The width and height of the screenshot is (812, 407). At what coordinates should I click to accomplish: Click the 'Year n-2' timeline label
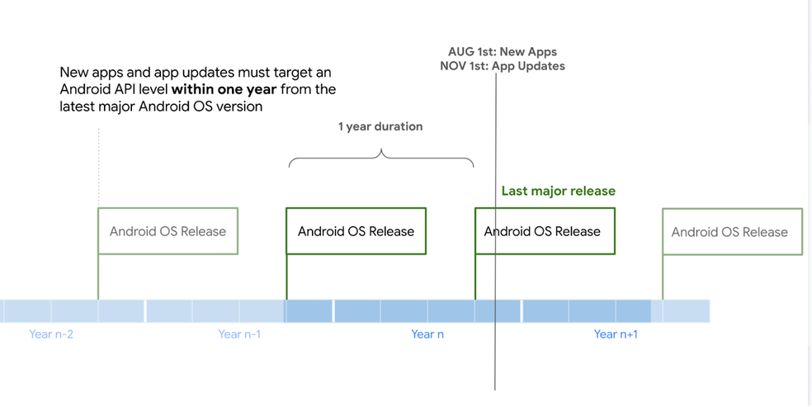(51, 334)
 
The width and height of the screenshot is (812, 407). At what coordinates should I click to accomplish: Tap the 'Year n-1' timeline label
(239, 334)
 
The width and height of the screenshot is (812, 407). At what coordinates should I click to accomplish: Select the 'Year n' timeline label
(427, 334)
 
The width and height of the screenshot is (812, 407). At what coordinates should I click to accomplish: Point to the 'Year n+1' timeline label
(616, 334)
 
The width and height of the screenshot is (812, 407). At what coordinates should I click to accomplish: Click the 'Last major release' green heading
(558, 192)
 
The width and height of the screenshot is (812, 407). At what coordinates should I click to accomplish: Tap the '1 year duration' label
(380, 127)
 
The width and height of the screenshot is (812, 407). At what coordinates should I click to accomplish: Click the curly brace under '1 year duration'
(381, 157)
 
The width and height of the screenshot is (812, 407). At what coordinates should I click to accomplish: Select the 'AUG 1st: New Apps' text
(503, 52)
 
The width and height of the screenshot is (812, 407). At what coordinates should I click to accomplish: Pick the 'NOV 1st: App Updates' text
(503, 66)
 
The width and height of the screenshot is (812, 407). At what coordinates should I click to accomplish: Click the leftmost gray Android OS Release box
(168, 231)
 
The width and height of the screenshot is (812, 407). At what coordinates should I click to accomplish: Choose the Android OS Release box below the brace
(356, 231)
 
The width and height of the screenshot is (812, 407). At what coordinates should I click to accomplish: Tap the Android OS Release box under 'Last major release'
(545, 231)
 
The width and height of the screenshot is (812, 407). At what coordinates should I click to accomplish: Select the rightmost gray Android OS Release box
(731, 232)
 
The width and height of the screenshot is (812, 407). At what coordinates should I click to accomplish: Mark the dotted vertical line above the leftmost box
(98, 165)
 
